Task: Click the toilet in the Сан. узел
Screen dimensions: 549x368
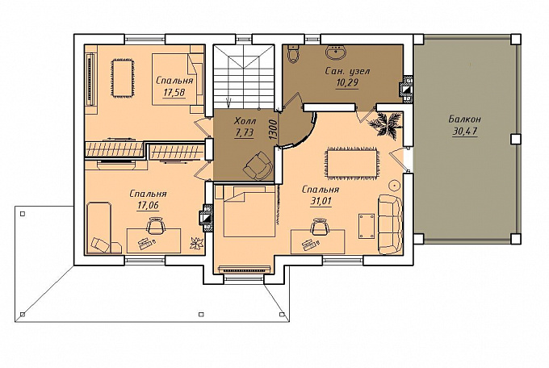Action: point(292,54)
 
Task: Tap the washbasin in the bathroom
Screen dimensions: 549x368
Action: point(336,52)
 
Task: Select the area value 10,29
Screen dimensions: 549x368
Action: point(347,83)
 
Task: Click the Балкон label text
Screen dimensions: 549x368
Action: point(464,119)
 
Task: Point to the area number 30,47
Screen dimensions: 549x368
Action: point(465,132)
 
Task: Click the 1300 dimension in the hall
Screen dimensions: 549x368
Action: point(273,130)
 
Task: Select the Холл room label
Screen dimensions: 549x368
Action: point(245,122)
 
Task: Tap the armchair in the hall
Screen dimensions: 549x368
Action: point(258,166)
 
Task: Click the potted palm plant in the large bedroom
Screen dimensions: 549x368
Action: point(384,124)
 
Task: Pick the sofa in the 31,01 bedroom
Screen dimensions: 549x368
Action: point(390,224)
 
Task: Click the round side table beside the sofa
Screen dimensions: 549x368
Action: point(395,185)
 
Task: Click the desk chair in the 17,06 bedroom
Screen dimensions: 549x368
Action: point(156,226)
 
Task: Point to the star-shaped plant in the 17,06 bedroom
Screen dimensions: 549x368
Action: point(196,243)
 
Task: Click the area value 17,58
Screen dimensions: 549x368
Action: point(174,93)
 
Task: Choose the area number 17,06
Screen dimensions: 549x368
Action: point(148,205)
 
